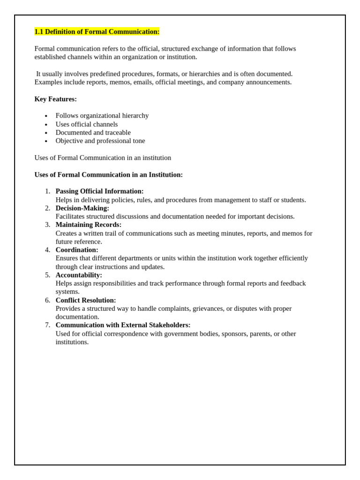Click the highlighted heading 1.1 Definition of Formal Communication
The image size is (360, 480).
(x=97, y=31)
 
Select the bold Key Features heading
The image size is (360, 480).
(x=55, y=99)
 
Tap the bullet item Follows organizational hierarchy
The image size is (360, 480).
(x=102, y=115)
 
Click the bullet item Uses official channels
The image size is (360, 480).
(x=86, y=124)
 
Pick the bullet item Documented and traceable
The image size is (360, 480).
(x=93, y=133)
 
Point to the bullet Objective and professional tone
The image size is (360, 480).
(x=100, y=141)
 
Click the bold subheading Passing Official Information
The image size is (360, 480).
(x=99, y=191)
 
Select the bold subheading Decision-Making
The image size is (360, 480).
(x=82, y=208)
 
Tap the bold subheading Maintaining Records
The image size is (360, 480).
(x=88, y=225)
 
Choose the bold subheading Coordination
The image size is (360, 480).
(x=77, y=250)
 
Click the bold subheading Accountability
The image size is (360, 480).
(x=79, y=275)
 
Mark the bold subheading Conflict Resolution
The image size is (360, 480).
(x=85, y=300)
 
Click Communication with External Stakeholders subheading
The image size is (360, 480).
(x=123, y=325)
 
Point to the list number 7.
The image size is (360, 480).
(x=47, y=325)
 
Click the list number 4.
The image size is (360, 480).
(x=47, y=250)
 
